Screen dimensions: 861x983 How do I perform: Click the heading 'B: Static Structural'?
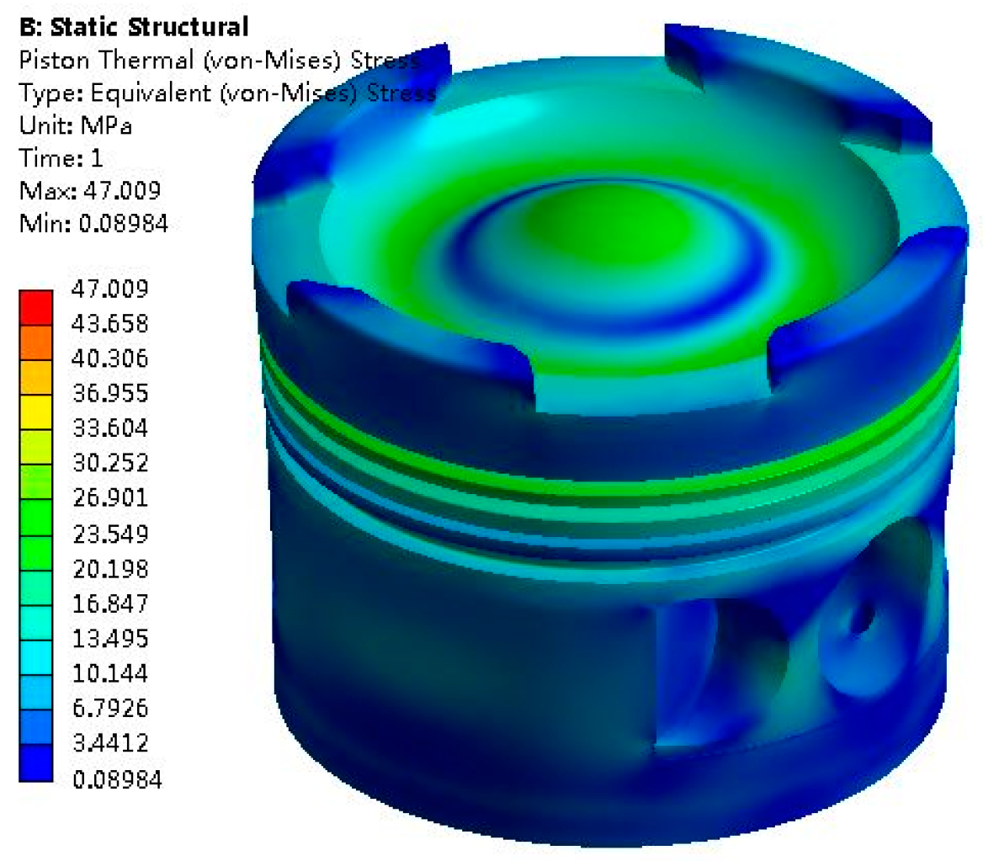[134, 27]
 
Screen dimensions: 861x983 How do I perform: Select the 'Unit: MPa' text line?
[76, 125]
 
